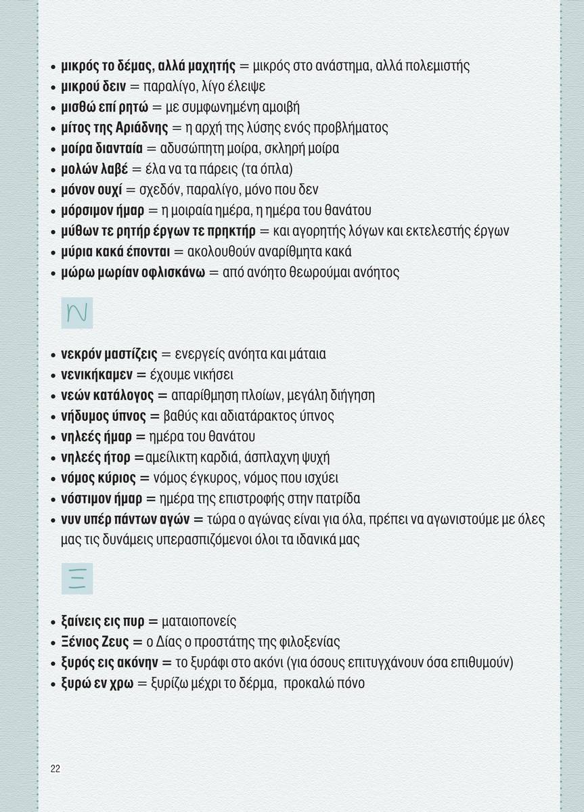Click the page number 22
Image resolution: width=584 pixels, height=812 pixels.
55,769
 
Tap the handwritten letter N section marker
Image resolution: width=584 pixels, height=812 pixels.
76,313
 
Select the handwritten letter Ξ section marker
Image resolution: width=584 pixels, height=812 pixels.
76,579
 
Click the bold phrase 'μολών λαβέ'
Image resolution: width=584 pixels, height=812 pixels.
95,169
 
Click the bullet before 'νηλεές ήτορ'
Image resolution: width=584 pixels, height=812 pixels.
53,458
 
